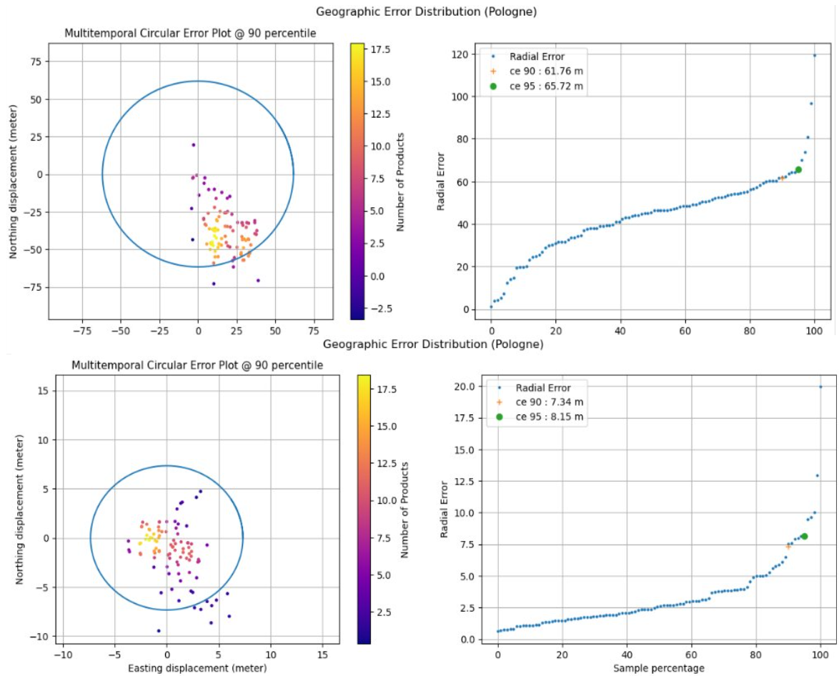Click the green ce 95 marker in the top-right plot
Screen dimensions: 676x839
pyautogui.click(x=798, y=169)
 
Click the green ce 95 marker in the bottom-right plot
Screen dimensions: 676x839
pyautogui.click(x=804, y=536)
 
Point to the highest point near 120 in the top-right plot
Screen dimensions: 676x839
pyautogui.click(x=814, y=55)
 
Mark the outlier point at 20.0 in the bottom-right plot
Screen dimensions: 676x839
pyautogui.click(x=820, y=387)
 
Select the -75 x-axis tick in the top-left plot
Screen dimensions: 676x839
pyautogui.click(x=82, y=332)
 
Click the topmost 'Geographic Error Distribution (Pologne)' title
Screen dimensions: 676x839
pyautogui.click(x=427, y=11)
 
